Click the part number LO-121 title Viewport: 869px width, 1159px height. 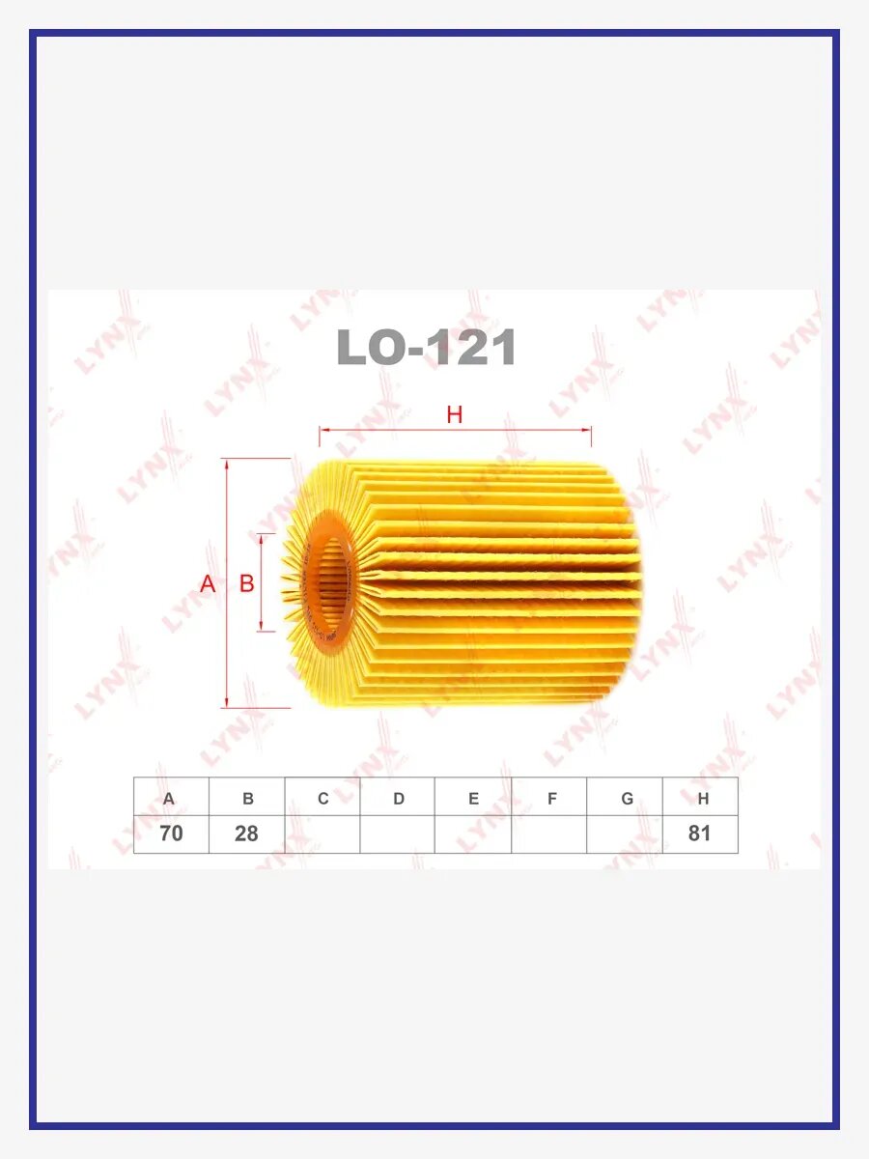426,347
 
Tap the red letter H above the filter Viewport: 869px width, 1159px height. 454,415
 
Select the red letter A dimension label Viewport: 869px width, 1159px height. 208,584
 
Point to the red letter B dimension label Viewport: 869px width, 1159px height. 247,583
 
